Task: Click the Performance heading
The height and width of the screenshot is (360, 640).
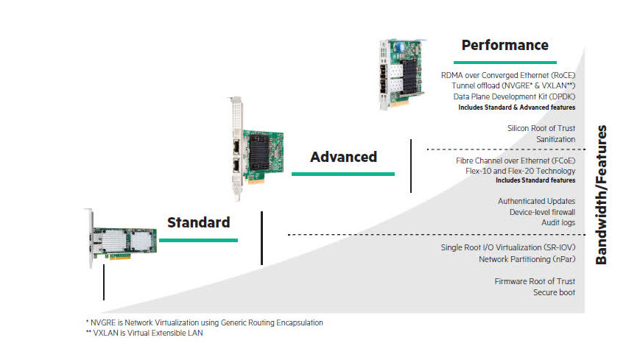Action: click(x=505, y=46)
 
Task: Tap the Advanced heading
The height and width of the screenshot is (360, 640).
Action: click(x=343, y=157)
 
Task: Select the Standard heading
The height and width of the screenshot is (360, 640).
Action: click(x=199, y=222)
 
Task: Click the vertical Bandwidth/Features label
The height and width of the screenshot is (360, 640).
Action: click(x=601, y=194)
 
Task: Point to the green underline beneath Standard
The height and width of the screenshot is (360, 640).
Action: click(x=198, y=241)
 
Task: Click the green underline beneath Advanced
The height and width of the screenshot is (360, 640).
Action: click(x=343, y=174)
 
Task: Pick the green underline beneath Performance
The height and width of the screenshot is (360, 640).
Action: click(x=505, y=63)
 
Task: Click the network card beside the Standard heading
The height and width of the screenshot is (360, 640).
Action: click(x=121, y=239)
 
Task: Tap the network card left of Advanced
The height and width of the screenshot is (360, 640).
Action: click(x=255, y=149)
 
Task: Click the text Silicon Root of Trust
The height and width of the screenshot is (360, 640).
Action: click(x=541, y=128)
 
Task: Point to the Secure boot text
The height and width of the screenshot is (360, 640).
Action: click(x=554, y=292)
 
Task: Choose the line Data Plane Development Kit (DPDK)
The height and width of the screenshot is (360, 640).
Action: click(x=514, y=96)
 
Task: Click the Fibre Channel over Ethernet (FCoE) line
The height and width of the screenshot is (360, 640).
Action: click(x=516, y=160)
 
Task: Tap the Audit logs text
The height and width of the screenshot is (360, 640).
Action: click(x=558, y=223)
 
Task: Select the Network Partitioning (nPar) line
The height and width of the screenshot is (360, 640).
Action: click(x=527, y=259)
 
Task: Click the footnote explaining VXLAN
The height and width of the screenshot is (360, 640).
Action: click(x=144, y=333)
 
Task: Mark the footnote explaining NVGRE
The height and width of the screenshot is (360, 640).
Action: click(x=205, y=323)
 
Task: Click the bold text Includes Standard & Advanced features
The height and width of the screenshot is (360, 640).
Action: click(x=517, y=107)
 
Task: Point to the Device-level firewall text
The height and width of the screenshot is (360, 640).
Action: click(x=543, y=212)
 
